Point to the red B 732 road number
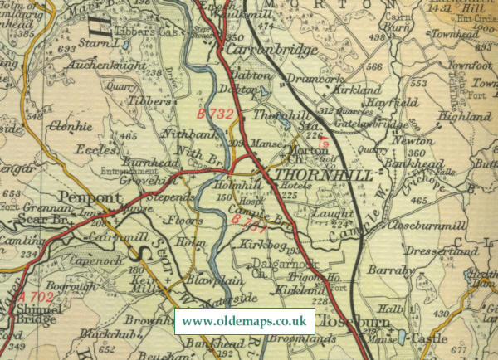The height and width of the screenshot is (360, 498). pos(215,111)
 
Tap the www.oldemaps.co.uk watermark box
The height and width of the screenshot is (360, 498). pos(245,320)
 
